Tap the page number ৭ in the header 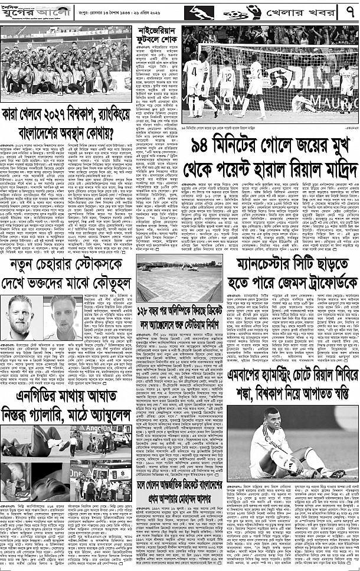348,12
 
